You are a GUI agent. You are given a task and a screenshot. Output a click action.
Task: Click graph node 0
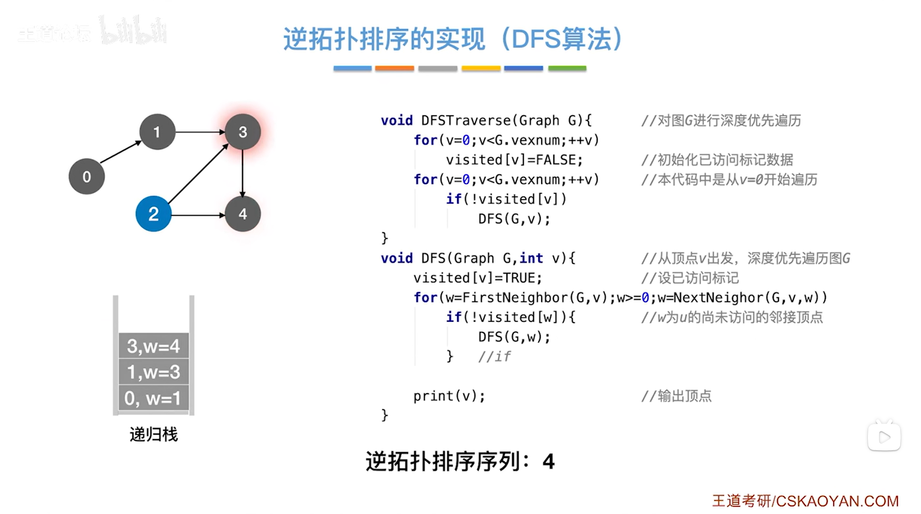(86, 177)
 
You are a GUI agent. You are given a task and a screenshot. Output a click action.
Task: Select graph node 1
(157, 132)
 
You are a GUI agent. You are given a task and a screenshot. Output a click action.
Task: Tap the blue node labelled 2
(153, 214)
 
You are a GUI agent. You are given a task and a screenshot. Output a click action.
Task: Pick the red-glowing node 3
(243, 132)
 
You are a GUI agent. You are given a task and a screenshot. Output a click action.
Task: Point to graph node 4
(243, 214)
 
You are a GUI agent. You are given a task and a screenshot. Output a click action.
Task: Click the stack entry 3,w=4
(153, 346)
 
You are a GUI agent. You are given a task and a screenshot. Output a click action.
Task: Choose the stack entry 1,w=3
(153, 372)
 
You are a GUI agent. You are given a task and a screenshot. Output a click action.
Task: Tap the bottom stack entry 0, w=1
(153, 398)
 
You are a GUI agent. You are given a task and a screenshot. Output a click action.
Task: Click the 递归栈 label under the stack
(154, 434)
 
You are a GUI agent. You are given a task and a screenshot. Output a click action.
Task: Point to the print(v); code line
(449, 396)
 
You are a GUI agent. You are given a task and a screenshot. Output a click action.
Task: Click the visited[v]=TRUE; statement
(477, 278)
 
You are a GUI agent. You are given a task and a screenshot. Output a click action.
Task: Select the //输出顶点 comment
(676, 396)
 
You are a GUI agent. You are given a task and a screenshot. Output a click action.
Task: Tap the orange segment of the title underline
(394, 69)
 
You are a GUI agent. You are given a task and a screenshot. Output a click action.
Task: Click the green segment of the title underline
(567, 69)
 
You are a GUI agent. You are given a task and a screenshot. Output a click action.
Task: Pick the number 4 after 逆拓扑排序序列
(548, 462)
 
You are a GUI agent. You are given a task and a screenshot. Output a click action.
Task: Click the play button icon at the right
(884, 437)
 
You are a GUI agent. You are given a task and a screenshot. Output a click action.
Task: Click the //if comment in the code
(494, 357)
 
